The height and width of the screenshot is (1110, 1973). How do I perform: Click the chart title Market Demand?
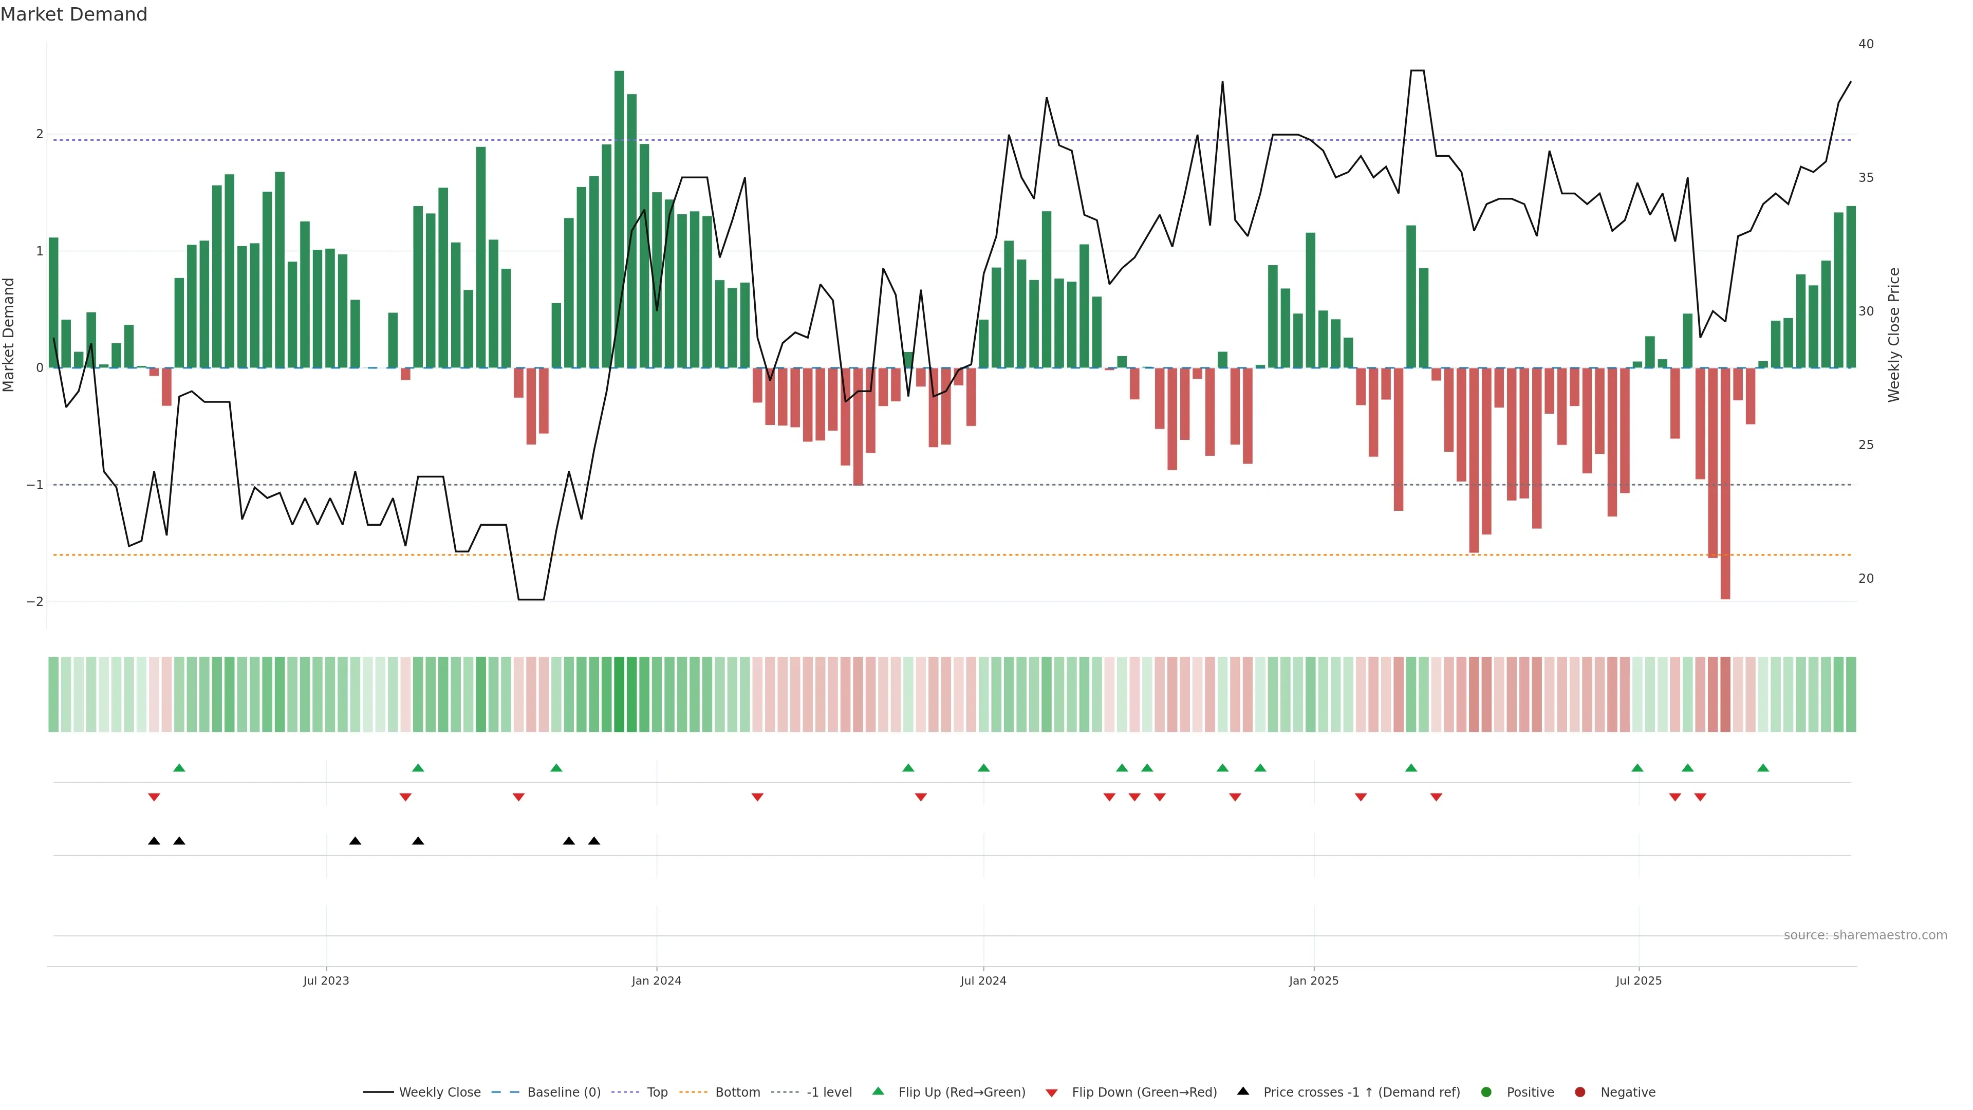(73, 14)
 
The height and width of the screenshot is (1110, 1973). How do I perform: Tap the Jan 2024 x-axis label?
(657, 980)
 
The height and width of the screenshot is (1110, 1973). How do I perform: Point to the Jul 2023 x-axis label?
(326, 980)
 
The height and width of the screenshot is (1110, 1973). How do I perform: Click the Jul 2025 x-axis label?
(1639, 980)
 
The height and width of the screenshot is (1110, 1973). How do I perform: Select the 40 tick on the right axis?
(1866, 44)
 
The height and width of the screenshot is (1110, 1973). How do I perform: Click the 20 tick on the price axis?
(1866, 578)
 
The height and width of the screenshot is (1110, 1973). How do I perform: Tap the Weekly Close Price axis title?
(1894, 335)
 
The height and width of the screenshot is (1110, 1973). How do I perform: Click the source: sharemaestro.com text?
(1865, 935)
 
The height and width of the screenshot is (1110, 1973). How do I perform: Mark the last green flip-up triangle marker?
(1763, 768)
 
